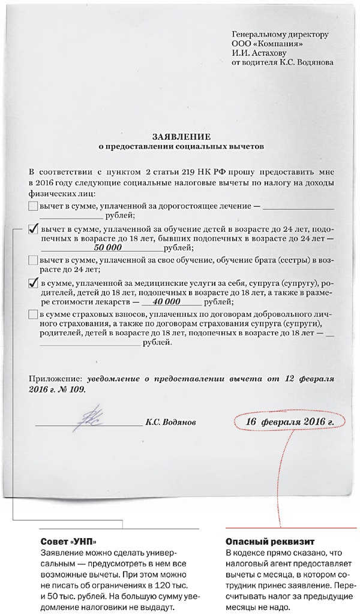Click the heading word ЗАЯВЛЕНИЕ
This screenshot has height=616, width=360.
[181, 137]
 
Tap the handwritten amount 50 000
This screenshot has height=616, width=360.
[108, 247]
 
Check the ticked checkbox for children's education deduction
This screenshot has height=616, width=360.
[34, 229]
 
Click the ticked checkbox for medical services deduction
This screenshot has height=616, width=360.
[34, 283]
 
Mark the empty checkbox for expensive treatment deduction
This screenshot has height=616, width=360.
[33, 206]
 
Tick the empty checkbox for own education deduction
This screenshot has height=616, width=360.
[33, 261]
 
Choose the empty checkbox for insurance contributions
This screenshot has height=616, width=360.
[33, 315]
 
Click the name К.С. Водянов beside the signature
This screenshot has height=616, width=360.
[170, 422]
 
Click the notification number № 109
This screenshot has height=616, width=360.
[73, 389]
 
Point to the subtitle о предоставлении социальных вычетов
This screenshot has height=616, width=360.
[181, 146]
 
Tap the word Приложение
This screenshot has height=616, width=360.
[55, 379]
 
